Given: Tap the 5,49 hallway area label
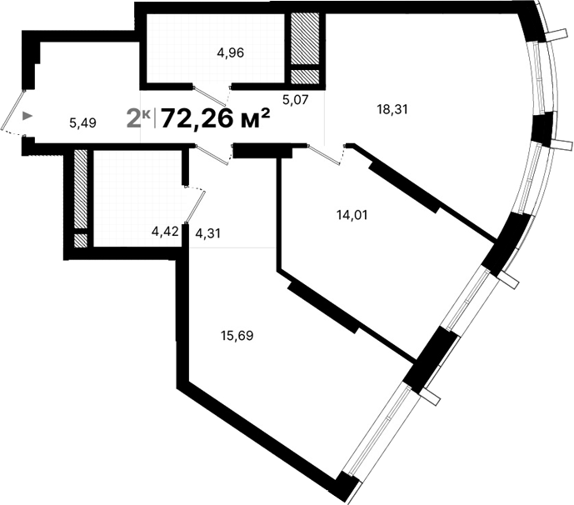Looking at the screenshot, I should (83, 122).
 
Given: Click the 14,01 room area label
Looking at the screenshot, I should (352, 214).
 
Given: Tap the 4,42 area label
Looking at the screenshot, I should (164, 231).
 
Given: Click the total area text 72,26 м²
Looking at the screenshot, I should (216, 119).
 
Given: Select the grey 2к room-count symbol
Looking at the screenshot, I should (138, 117).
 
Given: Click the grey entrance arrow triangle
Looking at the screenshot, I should (29, 117).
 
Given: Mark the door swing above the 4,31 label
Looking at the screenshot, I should (196, 204).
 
